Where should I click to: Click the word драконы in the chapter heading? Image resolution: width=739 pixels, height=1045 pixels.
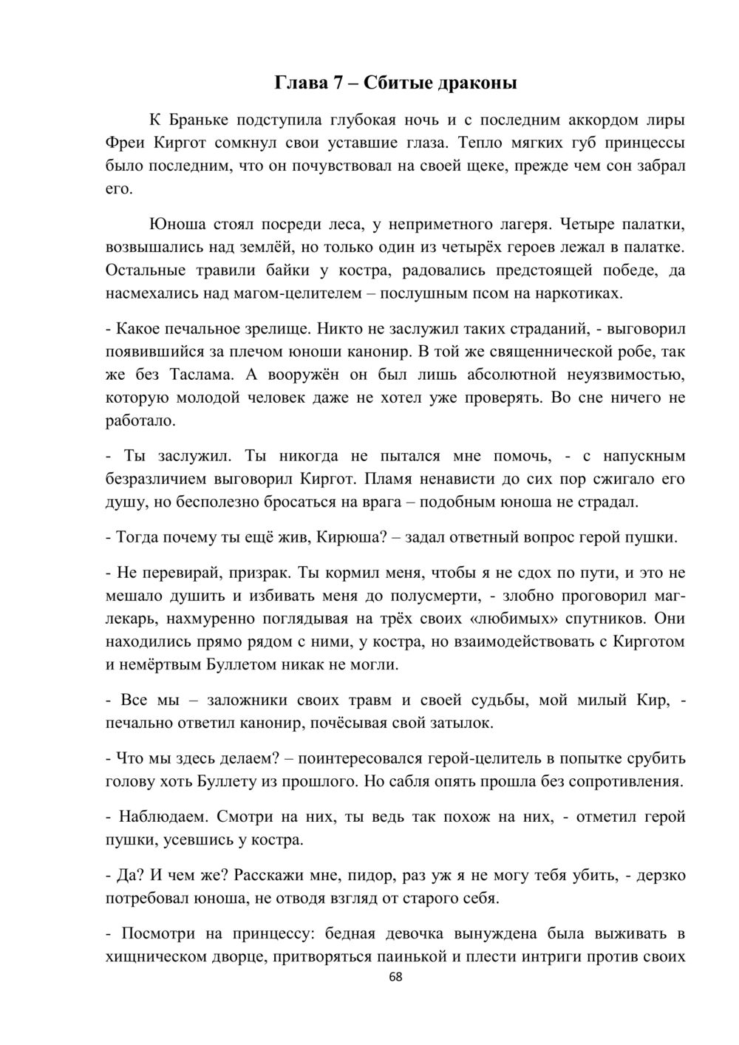point(478,82)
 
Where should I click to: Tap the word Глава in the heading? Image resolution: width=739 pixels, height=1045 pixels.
point(299,82)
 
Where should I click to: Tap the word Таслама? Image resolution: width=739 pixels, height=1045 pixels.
point(214,374)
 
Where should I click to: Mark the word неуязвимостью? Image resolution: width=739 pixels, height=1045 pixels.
point(615,374)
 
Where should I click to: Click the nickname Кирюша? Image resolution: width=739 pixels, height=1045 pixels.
point(347,537)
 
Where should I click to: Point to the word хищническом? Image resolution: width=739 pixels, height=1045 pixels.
point(154,956)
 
